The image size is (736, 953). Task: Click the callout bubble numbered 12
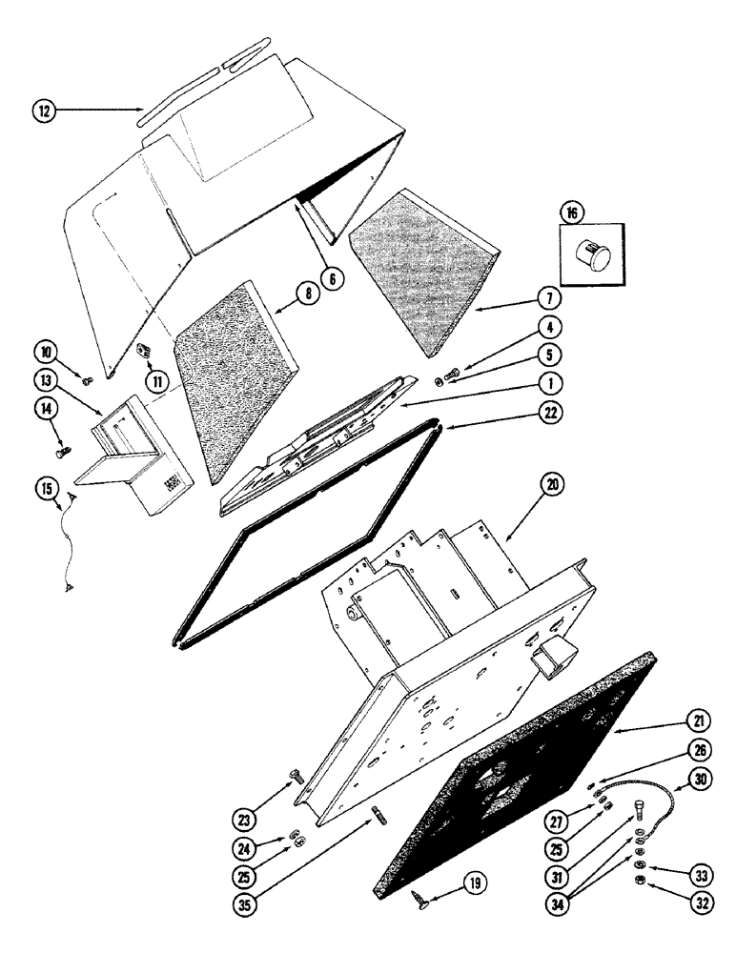[42, 111]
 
